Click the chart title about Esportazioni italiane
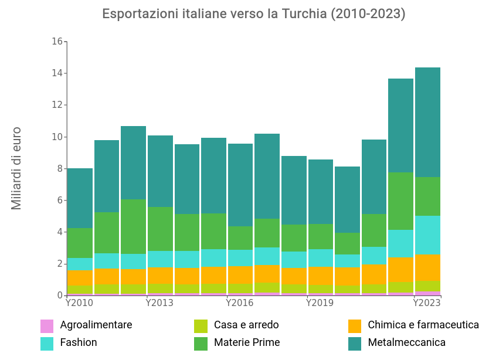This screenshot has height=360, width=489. point(254,14)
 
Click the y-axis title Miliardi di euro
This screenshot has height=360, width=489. point(16,168)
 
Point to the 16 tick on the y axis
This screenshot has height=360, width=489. point(57,42)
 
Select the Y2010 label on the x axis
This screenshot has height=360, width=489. point(79,303)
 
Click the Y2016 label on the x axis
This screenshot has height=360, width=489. point(239,303)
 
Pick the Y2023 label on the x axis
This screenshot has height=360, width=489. point(427,303)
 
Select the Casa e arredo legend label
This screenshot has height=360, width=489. point(246,325)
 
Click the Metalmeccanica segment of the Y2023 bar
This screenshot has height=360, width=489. point(427,122)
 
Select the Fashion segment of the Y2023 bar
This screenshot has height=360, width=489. point(427,235)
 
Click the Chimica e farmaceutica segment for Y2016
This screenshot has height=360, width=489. point(240,274)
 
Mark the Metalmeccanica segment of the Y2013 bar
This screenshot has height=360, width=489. point(160,171)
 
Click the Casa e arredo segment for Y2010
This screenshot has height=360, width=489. point(80,290)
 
